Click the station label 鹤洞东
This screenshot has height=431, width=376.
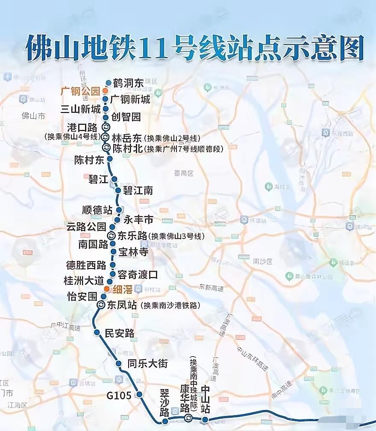(128, 83)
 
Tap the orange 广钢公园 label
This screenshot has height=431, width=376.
(80, 91)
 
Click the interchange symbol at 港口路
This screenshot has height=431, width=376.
(106, 127)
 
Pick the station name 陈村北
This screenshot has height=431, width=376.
(128, 148)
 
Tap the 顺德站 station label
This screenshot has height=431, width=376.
(97, 210)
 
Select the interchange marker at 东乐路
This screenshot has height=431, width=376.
(111, 236)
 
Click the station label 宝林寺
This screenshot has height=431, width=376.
(133, 252)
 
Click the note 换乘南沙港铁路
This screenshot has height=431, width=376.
(172, 306)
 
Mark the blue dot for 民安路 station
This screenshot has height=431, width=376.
(97, 333)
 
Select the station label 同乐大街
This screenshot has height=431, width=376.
(147, 364)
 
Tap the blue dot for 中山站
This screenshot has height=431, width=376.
(205, 419)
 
